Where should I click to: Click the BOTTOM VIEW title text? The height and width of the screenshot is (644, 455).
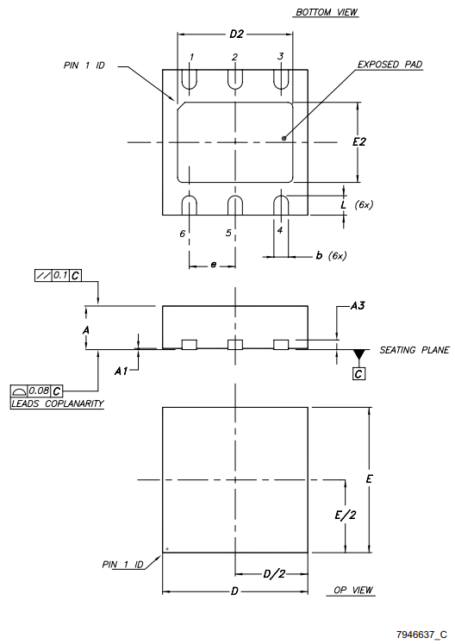tap(327, 12)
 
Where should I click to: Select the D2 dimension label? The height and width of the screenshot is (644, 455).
tap(236, 34)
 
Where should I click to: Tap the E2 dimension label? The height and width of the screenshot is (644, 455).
tap(359, 141)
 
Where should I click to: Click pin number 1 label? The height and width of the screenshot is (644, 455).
tap(191, 57)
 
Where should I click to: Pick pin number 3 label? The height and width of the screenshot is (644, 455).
tap(280, 56)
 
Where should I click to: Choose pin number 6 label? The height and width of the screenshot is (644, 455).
tap(183, 234)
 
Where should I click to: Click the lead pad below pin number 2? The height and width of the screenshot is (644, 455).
tap(235, 78)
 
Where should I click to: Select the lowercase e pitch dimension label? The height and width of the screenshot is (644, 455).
tap(213, 265)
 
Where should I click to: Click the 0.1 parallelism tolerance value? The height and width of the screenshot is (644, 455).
tap(59, 275)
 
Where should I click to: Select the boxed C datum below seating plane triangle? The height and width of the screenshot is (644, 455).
tap(358, 373)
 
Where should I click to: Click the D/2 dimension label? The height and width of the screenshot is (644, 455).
tap(273, 575)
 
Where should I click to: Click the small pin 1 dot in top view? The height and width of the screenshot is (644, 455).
tap(167, 548)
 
